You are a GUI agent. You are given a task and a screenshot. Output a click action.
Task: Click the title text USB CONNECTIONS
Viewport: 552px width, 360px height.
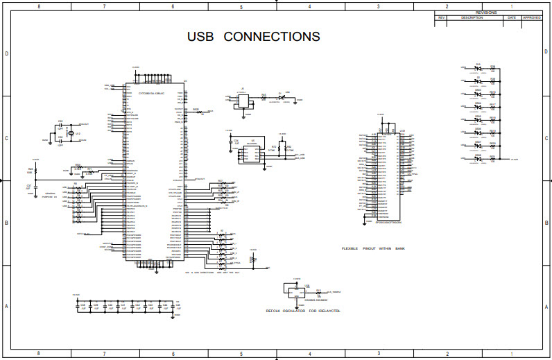[x=253, y=37]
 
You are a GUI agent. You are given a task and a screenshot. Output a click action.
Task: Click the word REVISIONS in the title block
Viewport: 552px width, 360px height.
[x=485, y=12]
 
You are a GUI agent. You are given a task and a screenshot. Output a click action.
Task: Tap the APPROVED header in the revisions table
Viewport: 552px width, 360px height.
[x=532, y=17]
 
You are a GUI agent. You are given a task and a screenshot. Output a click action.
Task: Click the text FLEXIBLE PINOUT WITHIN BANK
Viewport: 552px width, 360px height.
[x=372, y=248]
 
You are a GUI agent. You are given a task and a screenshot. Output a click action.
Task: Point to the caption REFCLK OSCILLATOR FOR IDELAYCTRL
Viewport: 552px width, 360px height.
[x=304, y=310]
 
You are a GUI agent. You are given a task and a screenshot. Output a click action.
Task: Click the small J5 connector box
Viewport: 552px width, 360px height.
[x=242, y=100]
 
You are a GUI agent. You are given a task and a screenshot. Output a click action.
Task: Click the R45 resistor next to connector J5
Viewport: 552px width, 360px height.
[x=264, y=98]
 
